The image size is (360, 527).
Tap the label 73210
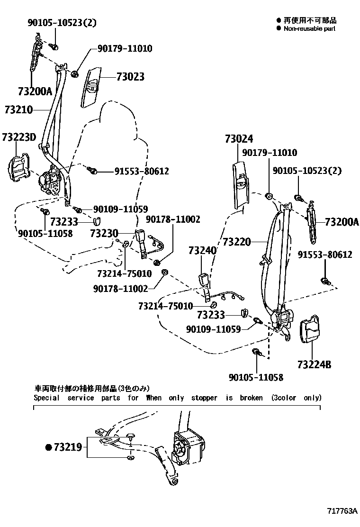[19, 110]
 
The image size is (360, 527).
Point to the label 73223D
[18, 137]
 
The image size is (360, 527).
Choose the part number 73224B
[315, 365]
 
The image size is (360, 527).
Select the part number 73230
[104, 233]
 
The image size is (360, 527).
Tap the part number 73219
[68, 446]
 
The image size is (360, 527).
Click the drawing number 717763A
[342, 511]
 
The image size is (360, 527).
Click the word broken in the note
[251, 398]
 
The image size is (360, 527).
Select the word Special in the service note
[46, 398]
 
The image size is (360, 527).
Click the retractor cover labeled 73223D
[19, 169]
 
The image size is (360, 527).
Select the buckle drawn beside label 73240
[205, 280]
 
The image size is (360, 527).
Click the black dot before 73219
[48, 446]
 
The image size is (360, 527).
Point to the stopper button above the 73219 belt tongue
[132, 436]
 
